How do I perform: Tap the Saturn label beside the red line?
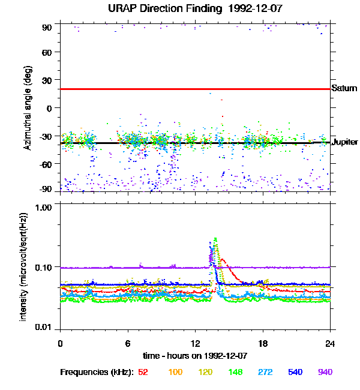344,88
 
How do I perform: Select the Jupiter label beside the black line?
345,142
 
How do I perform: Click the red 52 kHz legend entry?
143,372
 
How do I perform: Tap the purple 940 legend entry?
325,372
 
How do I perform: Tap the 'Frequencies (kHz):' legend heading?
96,372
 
